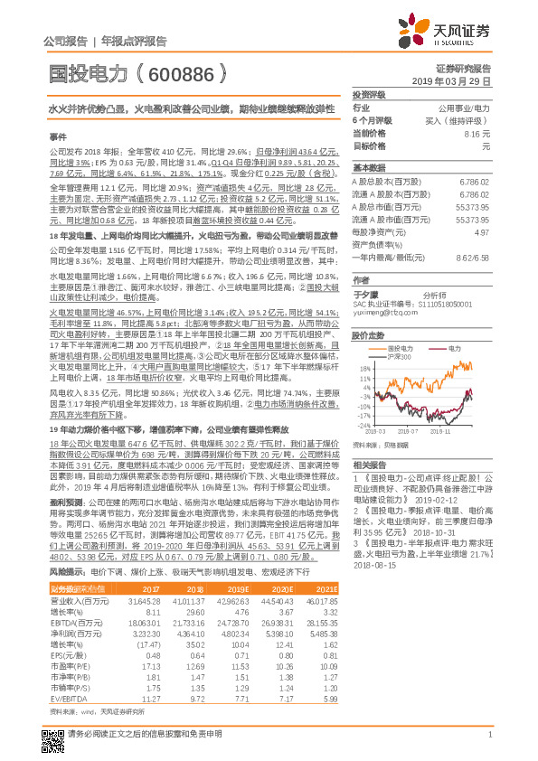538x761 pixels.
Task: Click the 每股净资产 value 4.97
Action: point(482,231)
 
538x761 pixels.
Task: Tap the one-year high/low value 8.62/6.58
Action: point(474,257)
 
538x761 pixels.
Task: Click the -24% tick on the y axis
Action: point(363,424)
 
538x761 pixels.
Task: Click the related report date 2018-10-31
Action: point(456,509)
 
